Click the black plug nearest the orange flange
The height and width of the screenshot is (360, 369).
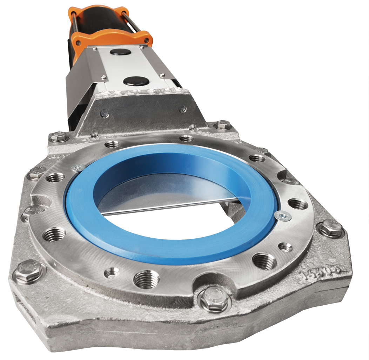coord(120,52)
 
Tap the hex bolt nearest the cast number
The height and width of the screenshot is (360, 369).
coord(330,228)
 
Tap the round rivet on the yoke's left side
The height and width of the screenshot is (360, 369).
coord(104,113)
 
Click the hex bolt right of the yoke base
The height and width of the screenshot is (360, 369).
coord(223,125)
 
